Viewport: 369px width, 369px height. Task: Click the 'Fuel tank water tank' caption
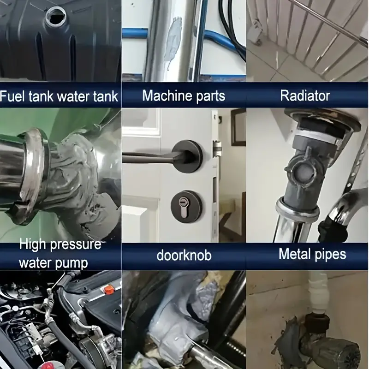pos(59,96)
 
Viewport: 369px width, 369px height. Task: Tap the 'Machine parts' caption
pos(184,95)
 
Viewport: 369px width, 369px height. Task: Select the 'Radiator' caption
pos(305,95)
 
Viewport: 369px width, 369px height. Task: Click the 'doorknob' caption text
pos(184,255)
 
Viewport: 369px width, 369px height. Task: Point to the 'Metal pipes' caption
pos(312,254)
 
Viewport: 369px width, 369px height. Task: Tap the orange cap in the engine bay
pos(109,289)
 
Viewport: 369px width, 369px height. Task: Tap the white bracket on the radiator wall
pos(256,32)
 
